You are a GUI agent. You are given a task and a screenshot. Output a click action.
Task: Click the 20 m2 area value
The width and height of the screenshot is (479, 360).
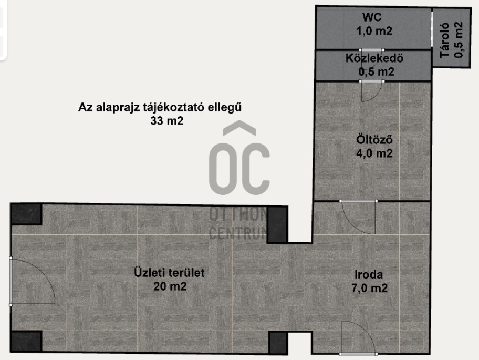pyautogui.click(x=170, y=286)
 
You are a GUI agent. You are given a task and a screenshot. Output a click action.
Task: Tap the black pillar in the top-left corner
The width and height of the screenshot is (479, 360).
pyautogui.click(x=26, y=214)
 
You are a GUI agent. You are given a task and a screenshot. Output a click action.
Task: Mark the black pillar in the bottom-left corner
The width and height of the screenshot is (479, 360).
pyautogui.click(x=26, y=341)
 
